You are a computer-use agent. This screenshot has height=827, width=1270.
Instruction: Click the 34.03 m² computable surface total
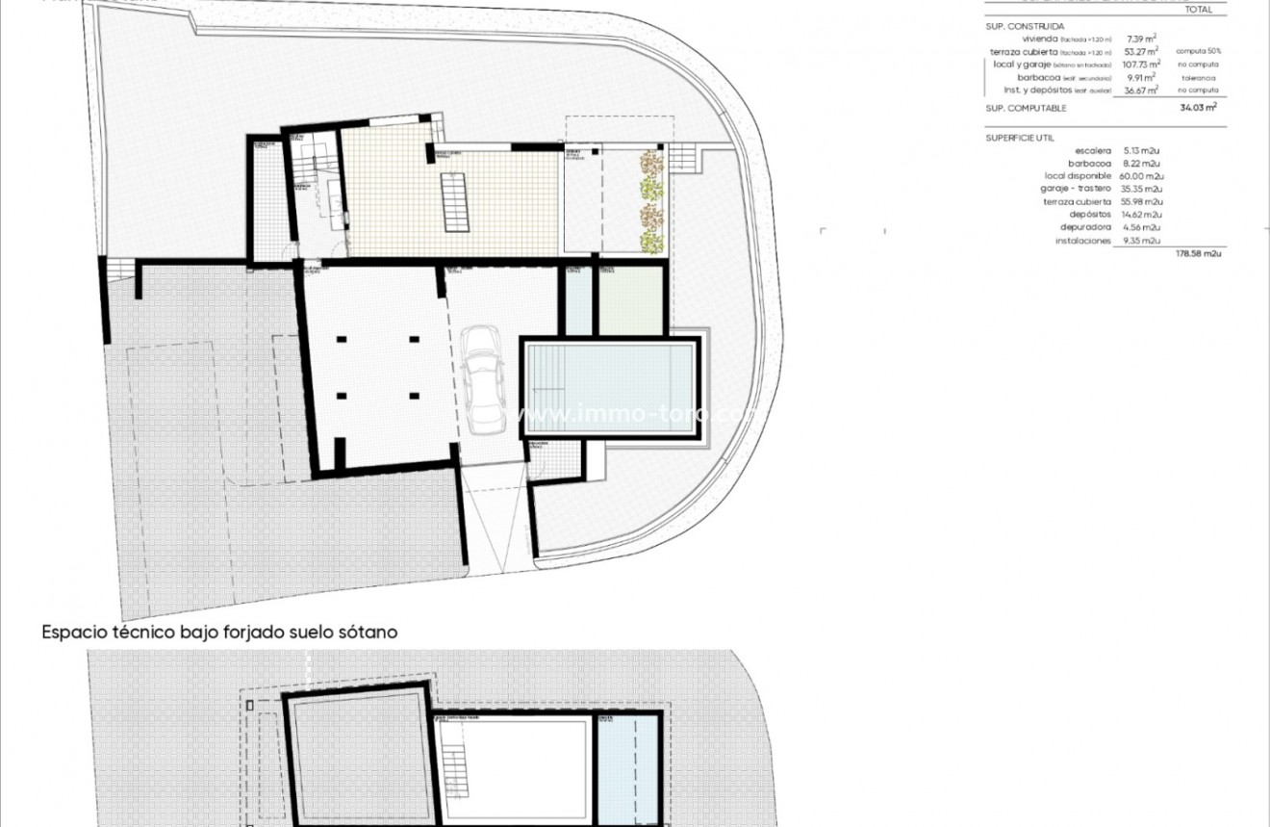coord(1199,108)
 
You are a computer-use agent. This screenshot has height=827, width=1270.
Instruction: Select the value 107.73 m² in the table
coord(1142,65)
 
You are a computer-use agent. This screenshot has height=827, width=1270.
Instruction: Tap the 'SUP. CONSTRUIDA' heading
coord(1018,26)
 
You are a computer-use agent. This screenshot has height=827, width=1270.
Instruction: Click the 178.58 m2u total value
coord(1199,253)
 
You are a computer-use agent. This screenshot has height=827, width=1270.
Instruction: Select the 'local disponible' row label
coord(1078,176)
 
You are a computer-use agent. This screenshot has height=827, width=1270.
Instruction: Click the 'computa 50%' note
coord(1197,51)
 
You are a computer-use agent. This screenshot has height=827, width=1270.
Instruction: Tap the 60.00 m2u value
coord(1143,176)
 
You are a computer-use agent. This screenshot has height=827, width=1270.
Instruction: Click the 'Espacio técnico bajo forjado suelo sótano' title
coord(219,633)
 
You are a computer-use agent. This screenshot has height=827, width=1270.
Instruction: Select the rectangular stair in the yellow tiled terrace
coord(456,200)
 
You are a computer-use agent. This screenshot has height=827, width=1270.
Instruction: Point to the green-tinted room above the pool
coord(632,300)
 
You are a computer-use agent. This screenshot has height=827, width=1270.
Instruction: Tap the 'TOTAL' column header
coord(1199,10)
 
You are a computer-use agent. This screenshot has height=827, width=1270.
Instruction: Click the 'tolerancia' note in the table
coord(1199,77)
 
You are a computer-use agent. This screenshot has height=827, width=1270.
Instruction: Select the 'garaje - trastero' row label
coord(1077,189)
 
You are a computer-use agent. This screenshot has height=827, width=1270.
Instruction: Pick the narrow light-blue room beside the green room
coord(578,300)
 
